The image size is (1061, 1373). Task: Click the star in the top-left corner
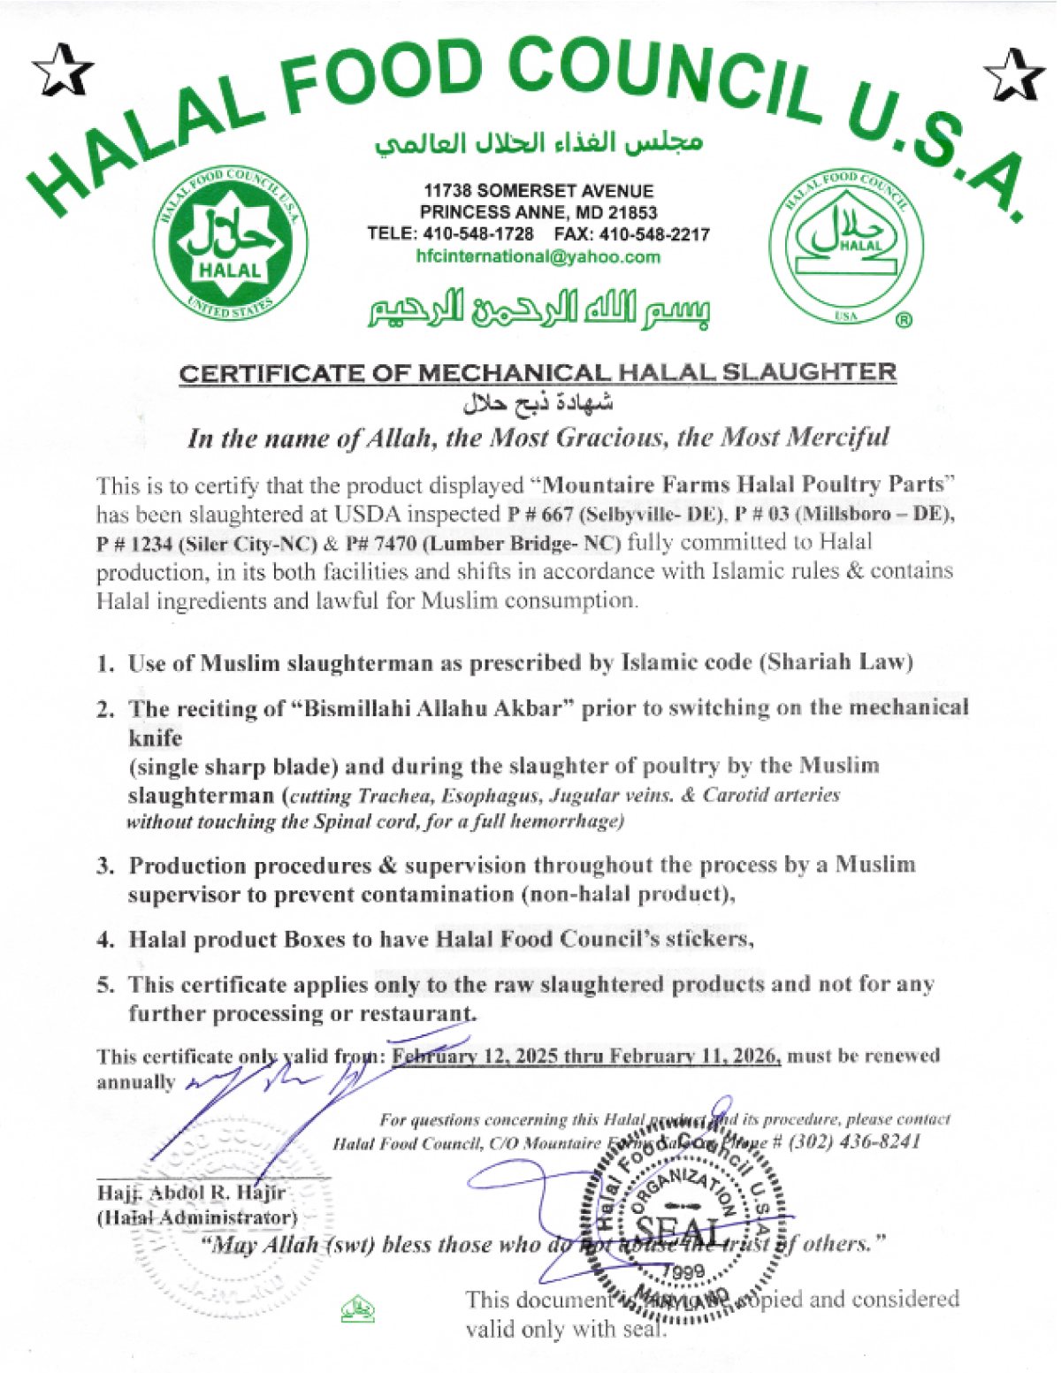(x=62, y=72)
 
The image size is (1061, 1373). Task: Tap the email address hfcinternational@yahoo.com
(x=538, y=257)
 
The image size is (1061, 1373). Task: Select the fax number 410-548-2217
(x=654, y=235)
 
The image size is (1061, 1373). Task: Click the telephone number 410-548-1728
(x=478, y=235)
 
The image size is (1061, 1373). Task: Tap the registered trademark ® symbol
(x=904, y=321)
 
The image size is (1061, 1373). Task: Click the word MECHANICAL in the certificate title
(x=514, y=373)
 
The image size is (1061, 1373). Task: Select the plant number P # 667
(x=540, y=515)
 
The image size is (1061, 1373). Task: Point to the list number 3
(x=105, y=866)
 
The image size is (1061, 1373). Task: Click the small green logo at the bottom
(x=357, y=1308)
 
